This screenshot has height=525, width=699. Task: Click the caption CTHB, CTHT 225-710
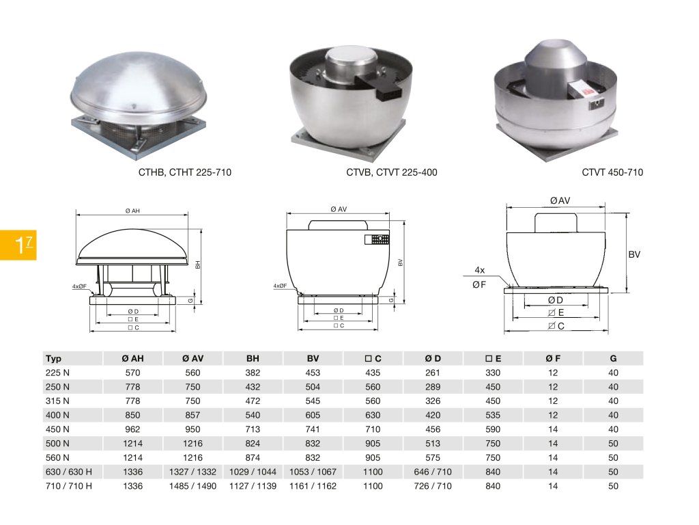tap(184, 172)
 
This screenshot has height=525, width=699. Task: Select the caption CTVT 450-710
tap(612, 172)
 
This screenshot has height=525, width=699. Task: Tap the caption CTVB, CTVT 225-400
tap(391, 172)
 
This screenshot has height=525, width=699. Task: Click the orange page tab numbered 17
tap(18, 245)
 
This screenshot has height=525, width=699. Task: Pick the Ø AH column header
tap(132, 358)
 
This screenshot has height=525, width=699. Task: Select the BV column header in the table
tap(313, 358)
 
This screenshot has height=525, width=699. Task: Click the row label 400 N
tap(57, 415)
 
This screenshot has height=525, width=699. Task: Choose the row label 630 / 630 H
tap(69, 472)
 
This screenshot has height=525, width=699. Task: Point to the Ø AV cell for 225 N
tap(192, 373)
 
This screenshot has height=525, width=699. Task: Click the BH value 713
tap(253, 429)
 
